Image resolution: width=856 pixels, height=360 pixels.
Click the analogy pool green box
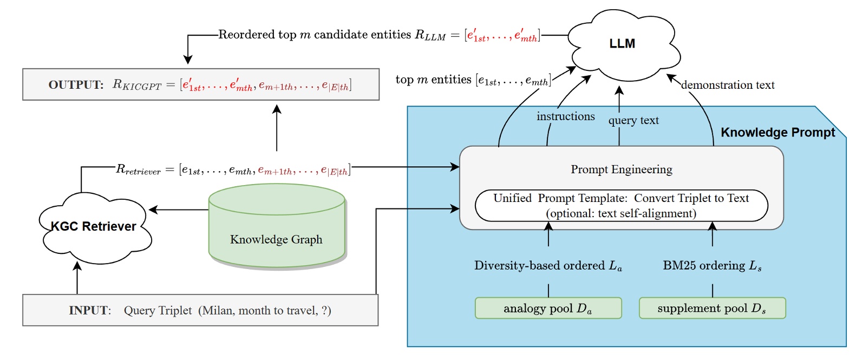[x=548, y=309]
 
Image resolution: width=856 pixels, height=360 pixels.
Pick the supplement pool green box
[x=712, y=309]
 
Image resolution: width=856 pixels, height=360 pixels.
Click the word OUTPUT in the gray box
[x=76, y=85]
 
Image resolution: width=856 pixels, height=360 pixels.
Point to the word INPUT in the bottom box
[x=89, y=311]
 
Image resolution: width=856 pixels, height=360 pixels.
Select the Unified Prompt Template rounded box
[x=621, y=206]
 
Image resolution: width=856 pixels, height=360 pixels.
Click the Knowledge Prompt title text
[x=777, y=133]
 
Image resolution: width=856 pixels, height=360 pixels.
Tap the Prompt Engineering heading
[x=621, y=169]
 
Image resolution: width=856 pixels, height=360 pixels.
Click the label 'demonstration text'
[x=728, y=85]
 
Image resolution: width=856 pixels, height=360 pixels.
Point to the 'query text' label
[x=633, y=120]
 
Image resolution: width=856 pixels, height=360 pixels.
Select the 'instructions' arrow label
[x=565, y=116]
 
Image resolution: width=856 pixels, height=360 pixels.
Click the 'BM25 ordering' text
[x=704, y=265]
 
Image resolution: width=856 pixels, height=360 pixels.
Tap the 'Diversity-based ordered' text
[x=539, y=265]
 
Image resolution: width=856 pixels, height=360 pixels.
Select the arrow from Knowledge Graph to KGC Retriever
[x=179, y=210]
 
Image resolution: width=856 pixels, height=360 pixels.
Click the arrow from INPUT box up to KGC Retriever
[x=77, y=278]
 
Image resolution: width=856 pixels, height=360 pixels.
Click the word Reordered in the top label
[x=246, y=35]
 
